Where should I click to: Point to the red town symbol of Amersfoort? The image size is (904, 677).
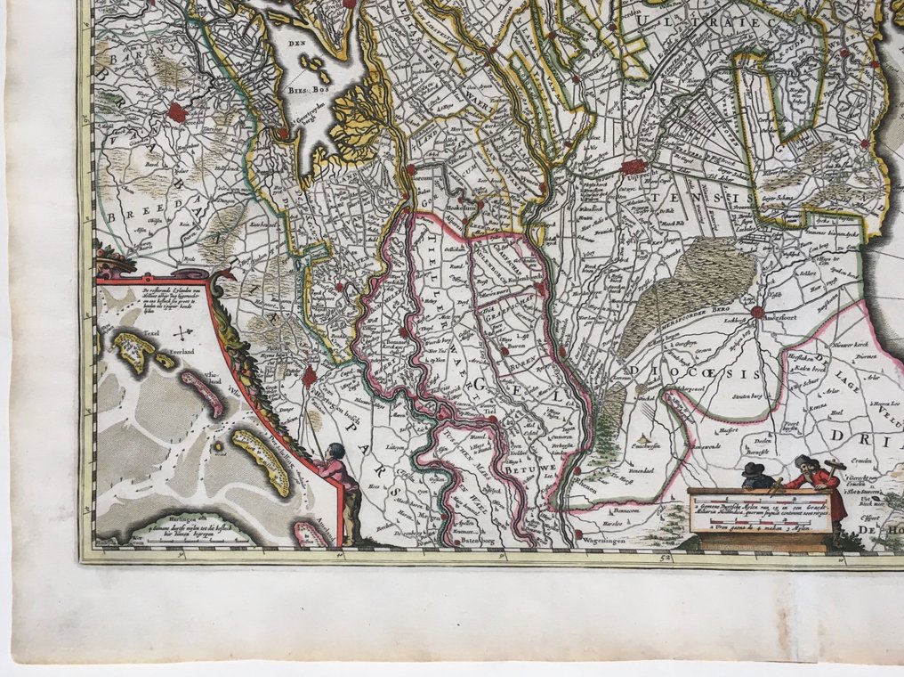757,312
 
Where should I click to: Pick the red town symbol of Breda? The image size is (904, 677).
177,113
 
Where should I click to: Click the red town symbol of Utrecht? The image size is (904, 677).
633,166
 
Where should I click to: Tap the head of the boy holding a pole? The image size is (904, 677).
335,451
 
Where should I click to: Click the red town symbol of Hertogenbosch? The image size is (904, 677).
310,375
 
